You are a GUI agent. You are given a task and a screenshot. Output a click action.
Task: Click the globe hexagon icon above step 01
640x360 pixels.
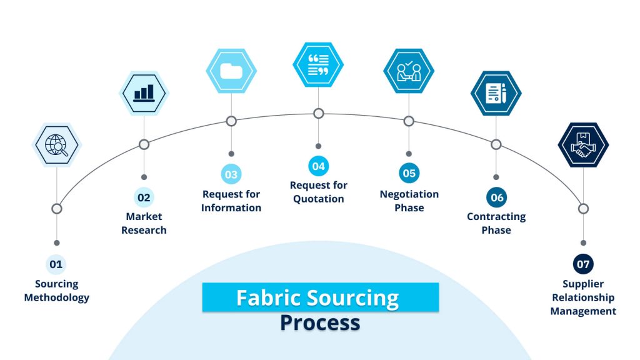(57, 145)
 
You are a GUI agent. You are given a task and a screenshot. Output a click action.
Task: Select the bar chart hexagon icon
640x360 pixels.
(144, 93)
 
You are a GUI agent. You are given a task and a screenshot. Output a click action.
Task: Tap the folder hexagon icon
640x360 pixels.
(231, 71)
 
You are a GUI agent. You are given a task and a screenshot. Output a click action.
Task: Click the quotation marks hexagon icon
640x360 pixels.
(318, 64)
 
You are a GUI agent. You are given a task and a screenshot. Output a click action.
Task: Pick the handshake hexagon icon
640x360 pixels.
(583, 145)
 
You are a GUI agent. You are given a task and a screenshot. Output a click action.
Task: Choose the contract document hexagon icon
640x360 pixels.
(496, 93)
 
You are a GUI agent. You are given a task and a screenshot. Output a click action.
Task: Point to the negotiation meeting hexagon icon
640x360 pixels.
(409, 71)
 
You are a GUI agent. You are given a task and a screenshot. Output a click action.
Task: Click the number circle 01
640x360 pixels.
(56, 264)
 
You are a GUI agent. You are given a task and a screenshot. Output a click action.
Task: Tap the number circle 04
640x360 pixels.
(319, 166)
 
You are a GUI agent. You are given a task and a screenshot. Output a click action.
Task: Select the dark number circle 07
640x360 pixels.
(583, 264)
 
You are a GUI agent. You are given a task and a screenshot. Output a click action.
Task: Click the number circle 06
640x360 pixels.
(496, 197)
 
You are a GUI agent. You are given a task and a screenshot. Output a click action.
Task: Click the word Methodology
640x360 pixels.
(56, 297)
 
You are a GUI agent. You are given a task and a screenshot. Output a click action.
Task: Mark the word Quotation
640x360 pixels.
(319, 199)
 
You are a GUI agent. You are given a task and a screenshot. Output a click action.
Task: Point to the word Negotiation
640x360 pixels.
(409, 194)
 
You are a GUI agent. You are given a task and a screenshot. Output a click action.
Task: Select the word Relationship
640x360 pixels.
(583, 297)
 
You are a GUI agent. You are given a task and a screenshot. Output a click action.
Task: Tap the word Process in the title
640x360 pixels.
(320, 322)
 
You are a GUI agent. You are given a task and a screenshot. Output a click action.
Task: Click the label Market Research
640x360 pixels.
(144, 223)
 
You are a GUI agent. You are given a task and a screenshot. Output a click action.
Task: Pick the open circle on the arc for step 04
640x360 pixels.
(319, 114)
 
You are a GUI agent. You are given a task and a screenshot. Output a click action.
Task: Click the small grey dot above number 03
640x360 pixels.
(231, 153)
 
